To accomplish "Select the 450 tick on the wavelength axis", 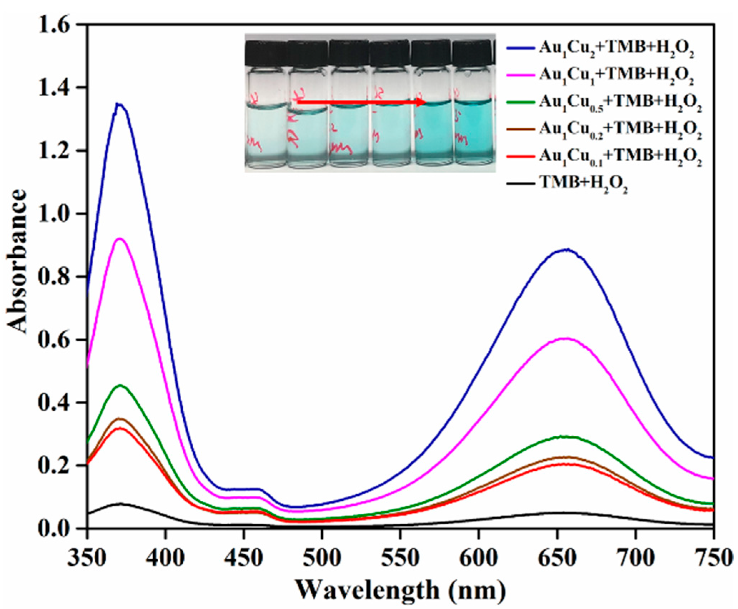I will tap(243, 558).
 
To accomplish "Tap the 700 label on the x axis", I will tap(636, 558).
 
